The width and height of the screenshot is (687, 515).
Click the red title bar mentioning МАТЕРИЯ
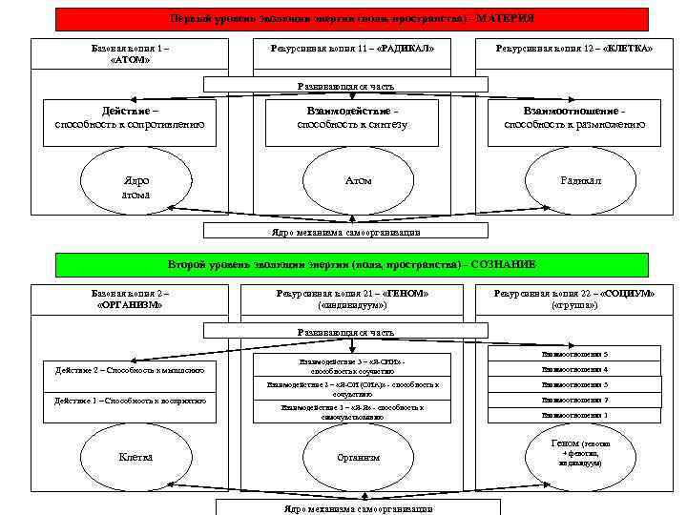(x=351, y=19)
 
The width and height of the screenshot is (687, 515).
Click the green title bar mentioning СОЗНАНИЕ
(x=351, y=264)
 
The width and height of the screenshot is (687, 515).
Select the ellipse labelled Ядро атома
(x=135, y=187)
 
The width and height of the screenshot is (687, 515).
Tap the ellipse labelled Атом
(x=358, y=180)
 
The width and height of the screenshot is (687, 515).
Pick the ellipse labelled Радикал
(x=580, y=180)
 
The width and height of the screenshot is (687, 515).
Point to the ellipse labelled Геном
(x=580, y=455)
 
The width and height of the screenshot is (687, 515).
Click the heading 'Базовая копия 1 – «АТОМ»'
(x=130, y=53)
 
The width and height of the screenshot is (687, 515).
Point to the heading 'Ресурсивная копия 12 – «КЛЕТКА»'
(x=573, y=48)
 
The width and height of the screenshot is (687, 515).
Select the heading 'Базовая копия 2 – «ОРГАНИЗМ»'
(x=130, y=299)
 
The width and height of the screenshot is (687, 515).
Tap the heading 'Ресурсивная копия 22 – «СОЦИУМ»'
(x=573, y=299)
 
